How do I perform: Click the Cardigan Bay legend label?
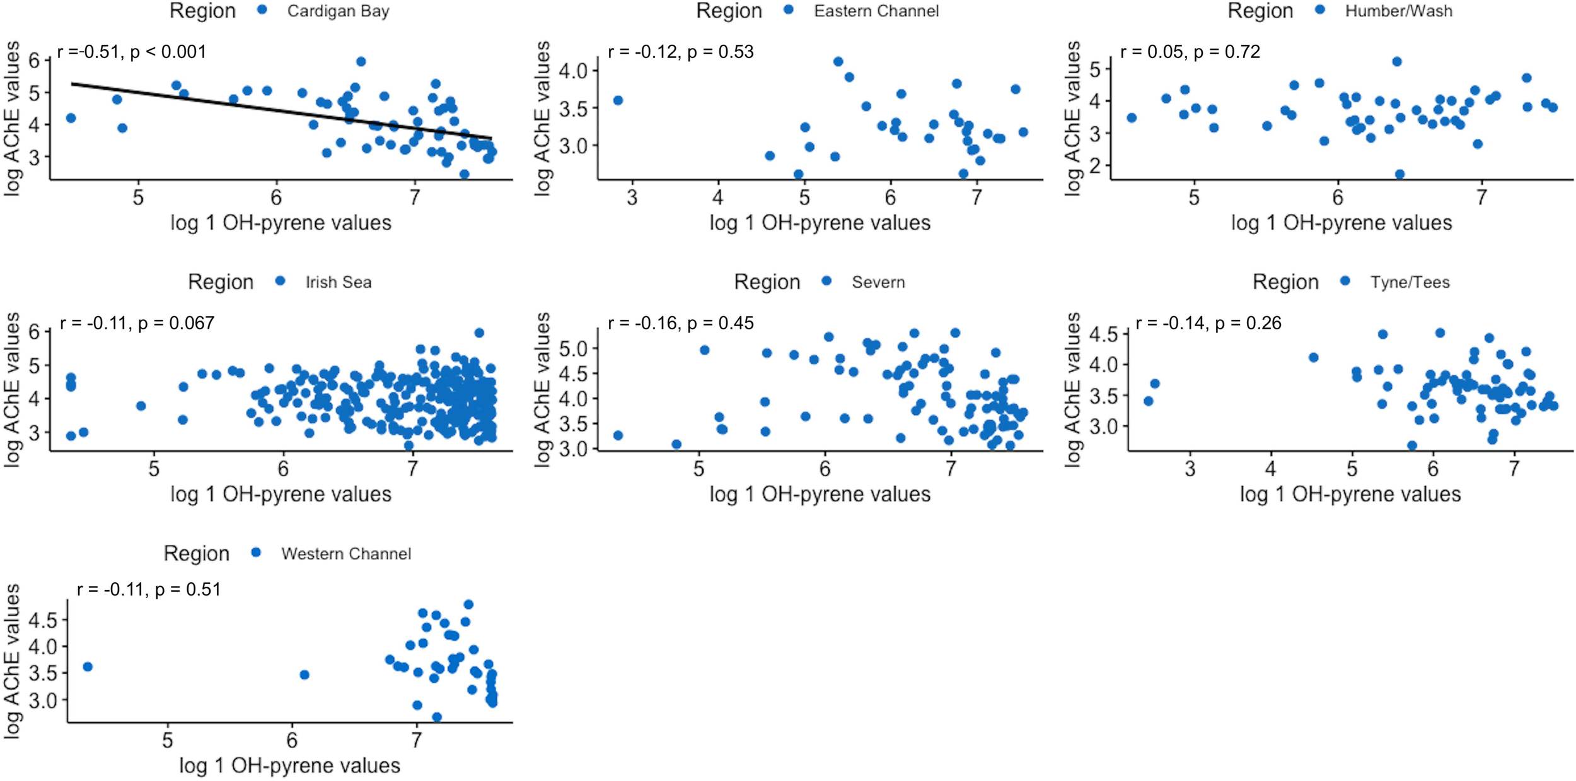(x=338, y=11)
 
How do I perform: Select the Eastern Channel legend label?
(x=876, y=11)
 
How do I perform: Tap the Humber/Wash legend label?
(x=1398, y=11)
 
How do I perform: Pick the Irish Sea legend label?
(x=339, y=283)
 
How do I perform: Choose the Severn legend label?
(x=878, y=283)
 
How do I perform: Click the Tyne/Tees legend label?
(x=1410, y=283)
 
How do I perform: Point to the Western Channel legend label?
(x=346, y=554)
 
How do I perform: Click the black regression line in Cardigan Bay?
(x=281, y=111)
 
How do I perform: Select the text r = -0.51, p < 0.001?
(x=132, y=52)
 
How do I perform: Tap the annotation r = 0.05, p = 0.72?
(x=1190, y=52)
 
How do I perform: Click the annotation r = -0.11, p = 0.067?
(x=137, y=324)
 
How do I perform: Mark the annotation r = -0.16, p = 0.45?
(x=681, y=324)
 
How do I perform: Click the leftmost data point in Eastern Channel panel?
(x=618, y=100)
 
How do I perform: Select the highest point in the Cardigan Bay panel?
(x=361, y=62)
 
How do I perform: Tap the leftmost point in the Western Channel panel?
(x=88, y=667)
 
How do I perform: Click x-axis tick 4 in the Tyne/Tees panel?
(x=1270, y=469)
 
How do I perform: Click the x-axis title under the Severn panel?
(x=820, y=494)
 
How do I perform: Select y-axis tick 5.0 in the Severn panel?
(x=575, y=348)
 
